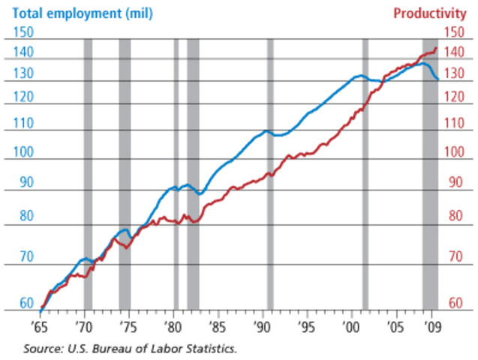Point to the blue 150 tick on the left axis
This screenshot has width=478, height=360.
coord(24,31)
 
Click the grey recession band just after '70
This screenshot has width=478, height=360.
coord(88,172)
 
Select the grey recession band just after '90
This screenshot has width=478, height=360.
coord(270,172)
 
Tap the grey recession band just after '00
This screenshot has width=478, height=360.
coord(365,172)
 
